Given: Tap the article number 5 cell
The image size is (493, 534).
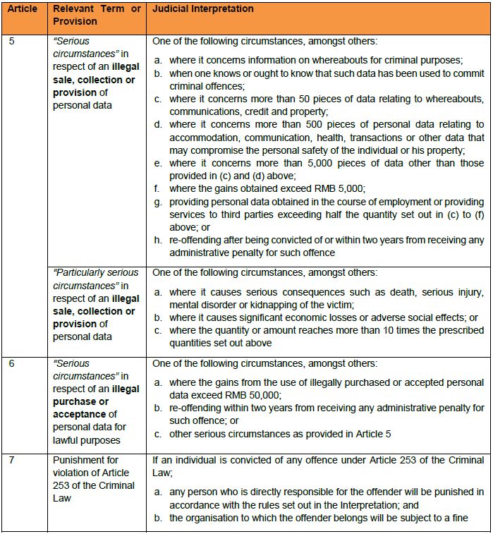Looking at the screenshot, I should click(12, 41).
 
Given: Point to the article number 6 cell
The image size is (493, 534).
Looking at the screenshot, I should click(12, 364).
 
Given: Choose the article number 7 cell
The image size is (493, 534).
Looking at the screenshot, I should click(12, 461).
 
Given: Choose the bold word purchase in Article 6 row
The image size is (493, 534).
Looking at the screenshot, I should click(73, 401).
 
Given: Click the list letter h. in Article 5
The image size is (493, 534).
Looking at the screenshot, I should click(159, 240).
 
